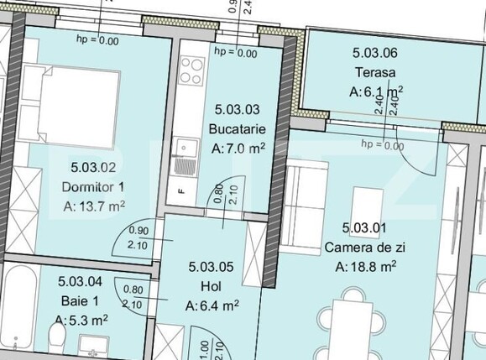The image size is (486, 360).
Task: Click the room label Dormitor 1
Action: [93, 185]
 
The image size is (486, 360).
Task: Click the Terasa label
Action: [374, 72]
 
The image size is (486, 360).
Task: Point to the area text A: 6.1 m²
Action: [376, 91]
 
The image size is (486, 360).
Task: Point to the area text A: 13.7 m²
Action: [94, 205]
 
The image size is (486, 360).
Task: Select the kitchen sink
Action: [183, 150]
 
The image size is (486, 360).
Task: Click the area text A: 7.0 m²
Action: [239, 149]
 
